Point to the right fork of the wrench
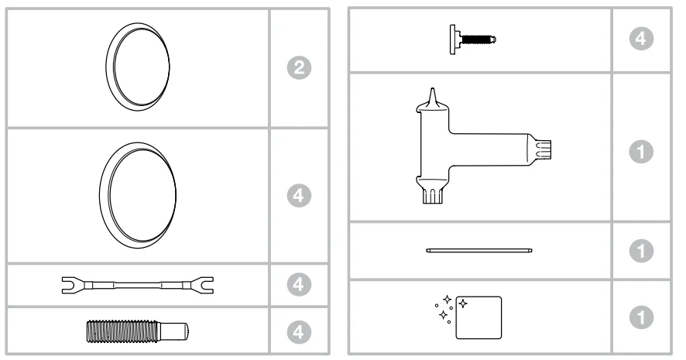204,285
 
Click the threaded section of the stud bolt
122,331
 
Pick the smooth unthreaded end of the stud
173,331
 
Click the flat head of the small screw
453,39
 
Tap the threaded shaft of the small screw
478,39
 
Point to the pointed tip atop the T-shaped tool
433,95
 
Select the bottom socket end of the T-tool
433,196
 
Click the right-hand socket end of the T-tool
543,149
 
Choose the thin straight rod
479,251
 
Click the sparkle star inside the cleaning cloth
463,303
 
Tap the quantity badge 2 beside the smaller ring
299,68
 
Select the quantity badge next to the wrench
299,285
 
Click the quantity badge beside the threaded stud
299,332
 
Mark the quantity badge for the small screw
641,39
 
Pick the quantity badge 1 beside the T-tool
641,151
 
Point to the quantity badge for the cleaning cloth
641,317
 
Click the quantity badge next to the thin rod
641,251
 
